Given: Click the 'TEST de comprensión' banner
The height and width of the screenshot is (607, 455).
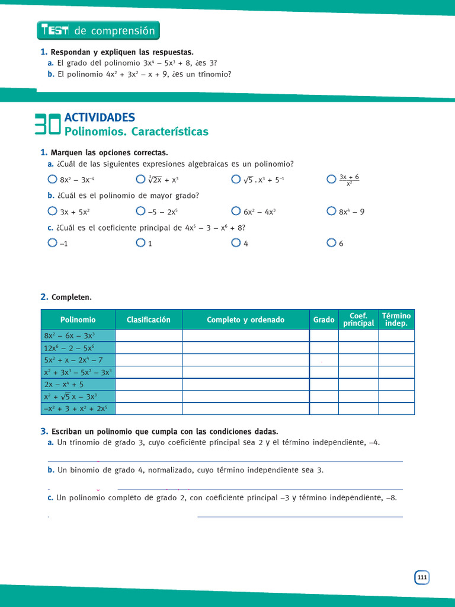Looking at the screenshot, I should point(98,31).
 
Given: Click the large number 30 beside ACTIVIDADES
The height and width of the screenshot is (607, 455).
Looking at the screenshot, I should point(47,124).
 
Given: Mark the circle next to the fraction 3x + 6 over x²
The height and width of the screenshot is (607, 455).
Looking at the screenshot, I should point(331,179).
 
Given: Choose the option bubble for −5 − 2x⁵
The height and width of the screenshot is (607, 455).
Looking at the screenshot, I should point(140,210).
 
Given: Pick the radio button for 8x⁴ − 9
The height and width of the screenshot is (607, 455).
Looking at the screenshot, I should point(331,210).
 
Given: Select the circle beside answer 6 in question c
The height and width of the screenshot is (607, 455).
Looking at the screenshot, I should point(331,242).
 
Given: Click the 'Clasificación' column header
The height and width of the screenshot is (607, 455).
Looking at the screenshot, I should point(148,320).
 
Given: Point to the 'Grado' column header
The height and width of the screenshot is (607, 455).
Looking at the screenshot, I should point(323,320).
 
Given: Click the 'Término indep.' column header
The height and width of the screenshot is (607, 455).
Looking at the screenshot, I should point(396,320).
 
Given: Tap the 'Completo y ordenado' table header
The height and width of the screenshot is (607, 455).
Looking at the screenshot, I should point(245,320).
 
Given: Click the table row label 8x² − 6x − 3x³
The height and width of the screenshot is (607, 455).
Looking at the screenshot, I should point(69,336).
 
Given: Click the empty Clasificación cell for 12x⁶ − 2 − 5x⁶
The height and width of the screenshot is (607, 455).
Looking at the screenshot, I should point(148,348).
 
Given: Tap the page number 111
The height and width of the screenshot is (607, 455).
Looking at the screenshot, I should point(421,578).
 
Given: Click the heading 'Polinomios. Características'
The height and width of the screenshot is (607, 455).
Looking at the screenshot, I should point(136,132).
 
